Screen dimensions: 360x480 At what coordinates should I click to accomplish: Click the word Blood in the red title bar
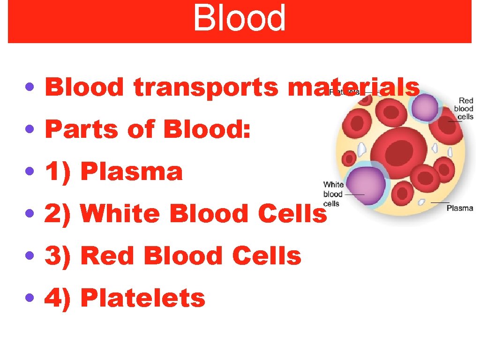(239, 19)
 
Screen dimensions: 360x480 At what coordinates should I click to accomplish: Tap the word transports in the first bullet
(206, 88)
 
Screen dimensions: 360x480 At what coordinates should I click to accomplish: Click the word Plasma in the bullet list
(131, 172)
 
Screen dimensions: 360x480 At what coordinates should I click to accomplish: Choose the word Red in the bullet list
(107, 256)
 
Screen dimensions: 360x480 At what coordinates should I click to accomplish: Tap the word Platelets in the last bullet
(143, 299)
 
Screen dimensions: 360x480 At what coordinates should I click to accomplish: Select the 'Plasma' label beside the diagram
(459, 208)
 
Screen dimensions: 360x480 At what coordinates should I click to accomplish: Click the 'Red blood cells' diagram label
(465, 108)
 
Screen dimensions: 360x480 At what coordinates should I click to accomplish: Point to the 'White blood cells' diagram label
(333, 194)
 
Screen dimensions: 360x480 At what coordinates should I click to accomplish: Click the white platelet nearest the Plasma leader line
(421, 202)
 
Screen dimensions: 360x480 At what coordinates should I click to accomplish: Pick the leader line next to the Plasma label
(440, 202)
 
